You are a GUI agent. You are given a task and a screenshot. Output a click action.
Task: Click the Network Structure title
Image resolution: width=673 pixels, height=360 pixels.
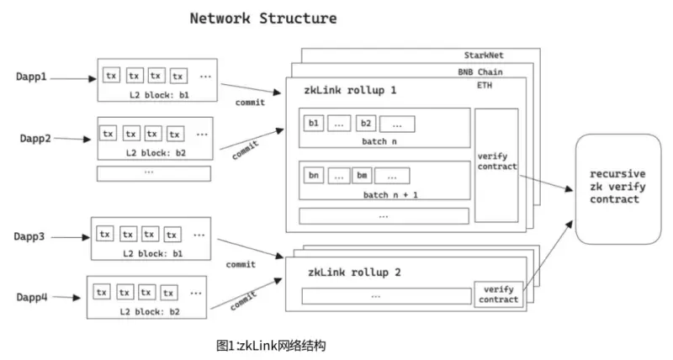pyautogui.click(x=262, y=18)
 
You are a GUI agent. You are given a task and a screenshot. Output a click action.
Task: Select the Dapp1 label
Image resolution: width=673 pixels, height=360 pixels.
pyautogui.click(x=32, y=77)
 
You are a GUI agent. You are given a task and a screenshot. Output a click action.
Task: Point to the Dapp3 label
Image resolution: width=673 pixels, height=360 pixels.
pyautogui.click(x=32, y=236)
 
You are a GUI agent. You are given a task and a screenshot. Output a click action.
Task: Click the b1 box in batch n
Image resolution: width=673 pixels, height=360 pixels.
pyautogui.click(x=315, y=124)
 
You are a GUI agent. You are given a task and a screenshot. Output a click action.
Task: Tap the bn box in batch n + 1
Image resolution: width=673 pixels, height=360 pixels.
pyautogui.click(x=315, y=176)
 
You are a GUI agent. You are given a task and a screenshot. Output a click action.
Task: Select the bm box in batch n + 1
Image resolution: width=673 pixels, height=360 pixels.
pyautogui.click(x=362, y=176)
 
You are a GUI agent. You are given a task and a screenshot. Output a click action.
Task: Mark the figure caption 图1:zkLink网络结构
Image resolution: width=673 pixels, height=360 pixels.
pyautogui.click(x=270, y=345)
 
